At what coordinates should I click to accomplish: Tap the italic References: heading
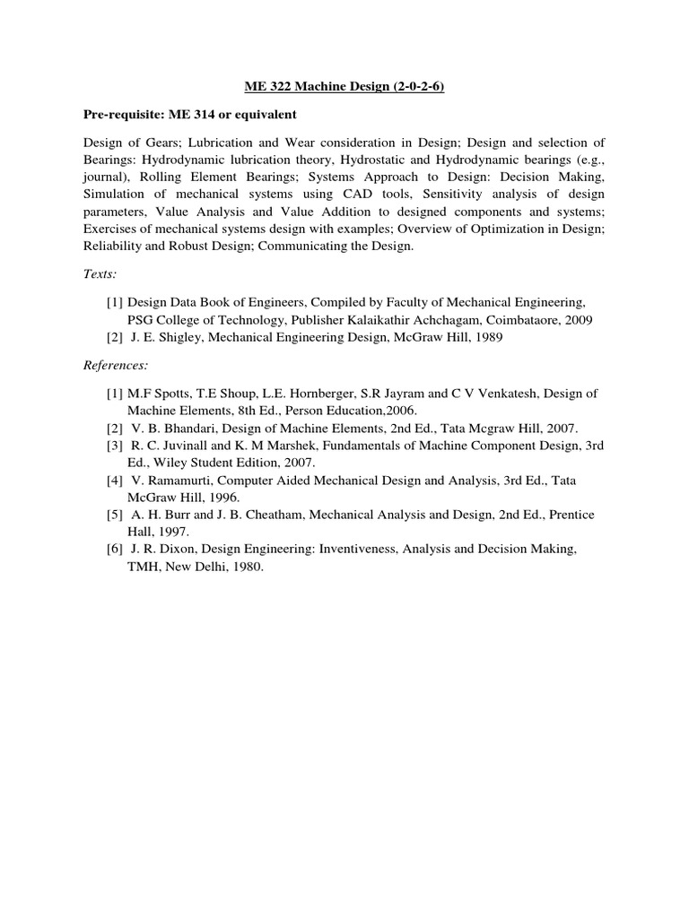(116, 366)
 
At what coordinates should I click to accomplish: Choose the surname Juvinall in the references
(183, 445)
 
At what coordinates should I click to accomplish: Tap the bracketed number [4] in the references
(115, 481)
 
